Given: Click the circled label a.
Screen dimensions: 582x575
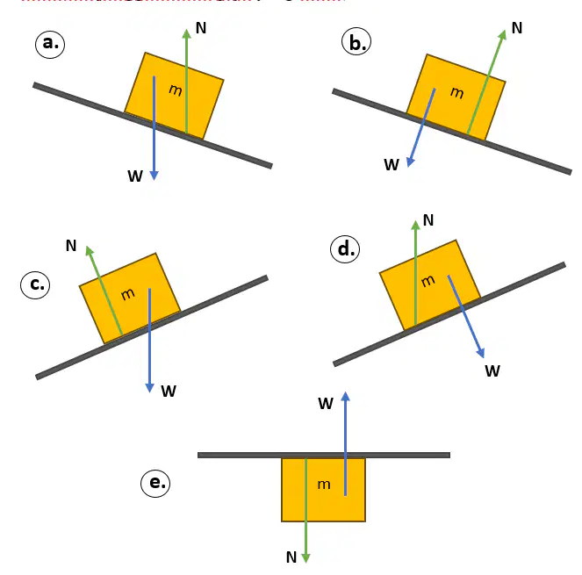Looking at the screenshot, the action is (x=50, y=44).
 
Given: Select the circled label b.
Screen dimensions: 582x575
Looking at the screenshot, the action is (x=356, y=41).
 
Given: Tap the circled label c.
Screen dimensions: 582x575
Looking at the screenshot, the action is (x=35, y=284).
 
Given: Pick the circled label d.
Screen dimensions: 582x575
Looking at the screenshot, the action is (x=345, y=248).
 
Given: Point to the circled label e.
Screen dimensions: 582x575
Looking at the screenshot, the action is (x=155, y=483).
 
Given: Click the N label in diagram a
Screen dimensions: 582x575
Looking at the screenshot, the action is (x=201, y=28).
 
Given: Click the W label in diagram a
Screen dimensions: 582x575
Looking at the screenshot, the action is (x=135, y=176).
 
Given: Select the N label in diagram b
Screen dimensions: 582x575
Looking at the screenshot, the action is (x=517, y=28).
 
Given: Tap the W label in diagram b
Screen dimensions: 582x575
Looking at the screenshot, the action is (x=392, y=164).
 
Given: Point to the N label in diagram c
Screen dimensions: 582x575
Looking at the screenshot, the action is (x=71, y=246).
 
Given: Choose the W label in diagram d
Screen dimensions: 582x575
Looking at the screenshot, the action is (x=492, y=370).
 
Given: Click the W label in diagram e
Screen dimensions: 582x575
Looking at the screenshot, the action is (x=326, y=404).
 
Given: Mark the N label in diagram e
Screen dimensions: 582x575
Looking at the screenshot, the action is (x=291, y=557).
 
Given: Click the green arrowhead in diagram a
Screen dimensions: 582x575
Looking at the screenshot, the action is (x=187, y=33).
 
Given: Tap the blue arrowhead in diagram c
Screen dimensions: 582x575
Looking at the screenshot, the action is (x=149, y=388).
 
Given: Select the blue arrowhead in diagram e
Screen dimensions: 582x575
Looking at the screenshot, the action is (x=346, y=396).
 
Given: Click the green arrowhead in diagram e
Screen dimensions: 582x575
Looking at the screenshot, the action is (x=305, y=558).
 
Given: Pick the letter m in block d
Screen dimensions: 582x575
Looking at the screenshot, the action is (x=428, y=281).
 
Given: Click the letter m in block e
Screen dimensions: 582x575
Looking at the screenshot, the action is (x=324, y=484).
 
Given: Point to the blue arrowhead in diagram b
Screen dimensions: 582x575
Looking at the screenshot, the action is (x=410, y=162).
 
